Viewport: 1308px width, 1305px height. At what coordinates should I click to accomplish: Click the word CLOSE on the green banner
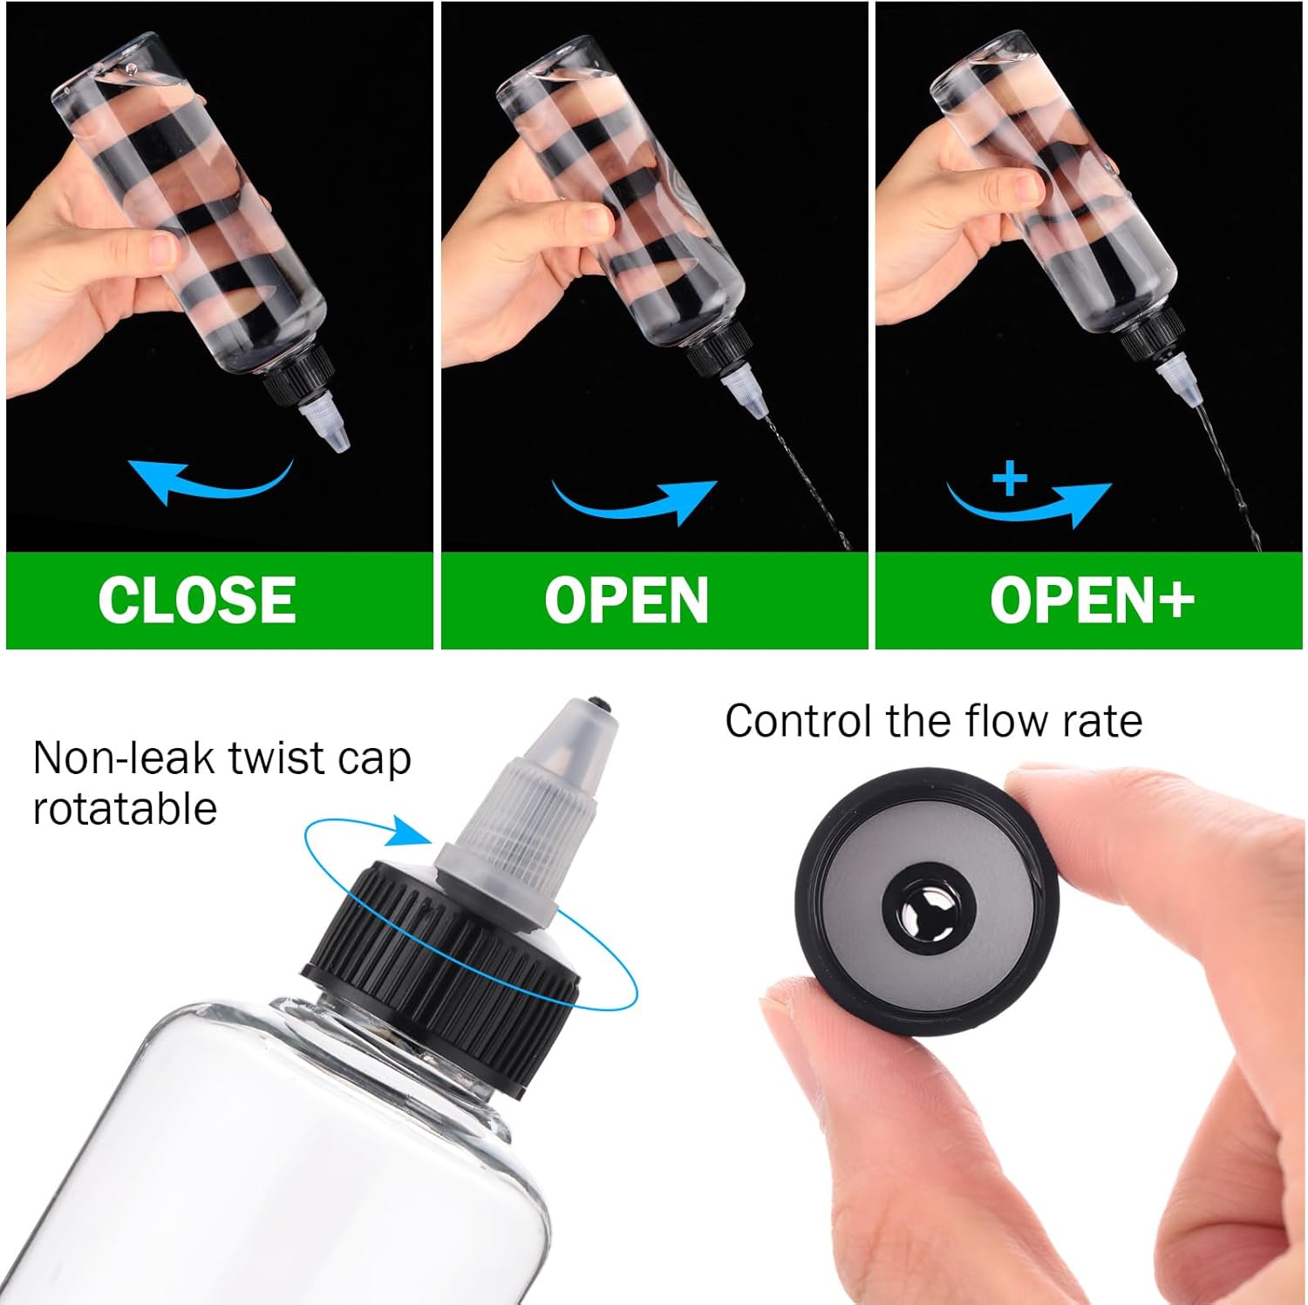point(197,600)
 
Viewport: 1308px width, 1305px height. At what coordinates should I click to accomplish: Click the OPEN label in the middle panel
point(626,601)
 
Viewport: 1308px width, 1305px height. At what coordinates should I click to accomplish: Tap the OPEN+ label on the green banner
point(1092,601)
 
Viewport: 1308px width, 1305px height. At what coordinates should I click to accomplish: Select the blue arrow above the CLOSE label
point(209,480)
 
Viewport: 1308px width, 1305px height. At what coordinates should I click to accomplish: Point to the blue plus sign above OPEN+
point(1010,478)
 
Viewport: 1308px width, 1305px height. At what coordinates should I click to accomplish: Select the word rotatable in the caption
point(125,808)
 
